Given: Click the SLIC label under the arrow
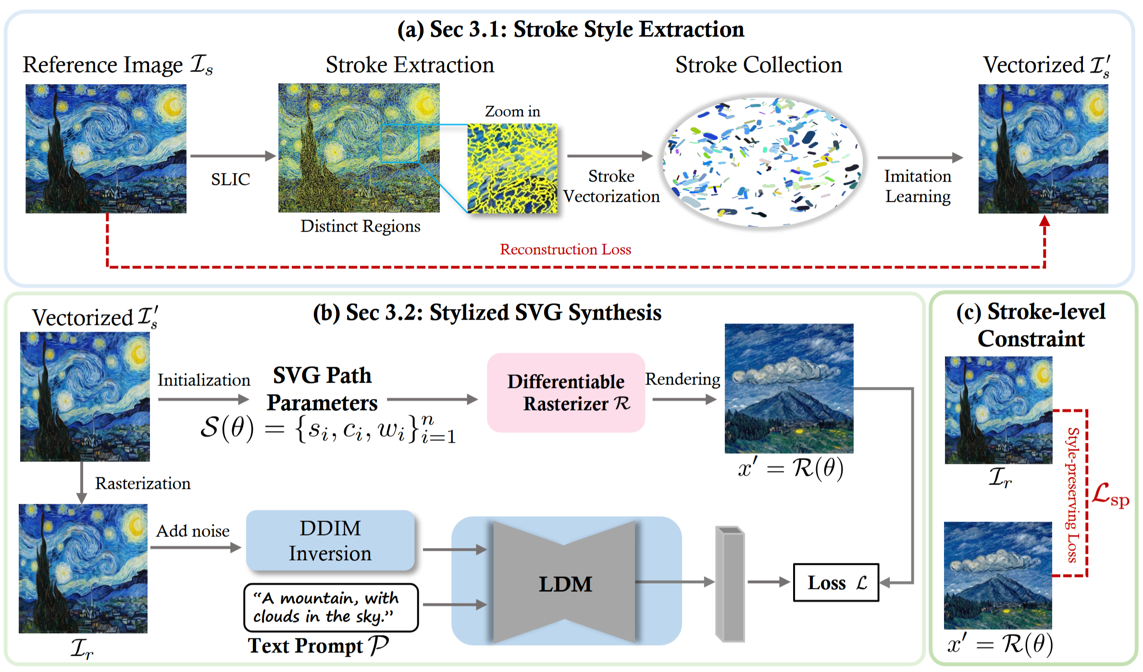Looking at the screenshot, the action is [231, 179].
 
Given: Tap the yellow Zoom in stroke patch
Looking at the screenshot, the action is [512, 169].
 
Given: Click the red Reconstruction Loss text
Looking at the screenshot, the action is [565, 249].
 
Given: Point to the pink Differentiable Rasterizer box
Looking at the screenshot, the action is [566, 393].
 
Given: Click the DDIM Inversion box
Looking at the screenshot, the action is [330, 540].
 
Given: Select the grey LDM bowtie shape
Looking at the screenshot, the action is [565, 582].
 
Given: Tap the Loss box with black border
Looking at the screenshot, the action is [836, 583].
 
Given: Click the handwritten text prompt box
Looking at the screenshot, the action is [331, 608].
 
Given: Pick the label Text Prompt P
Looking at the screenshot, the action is [318, 646].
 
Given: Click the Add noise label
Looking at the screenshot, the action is [193, 531].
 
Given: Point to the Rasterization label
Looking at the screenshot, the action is [143, 483].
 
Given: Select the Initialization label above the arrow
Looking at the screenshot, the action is [204, 380].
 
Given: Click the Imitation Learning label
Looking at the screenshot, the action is [918, 187].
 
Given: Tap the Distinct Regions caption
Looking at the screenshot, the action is [360, 226].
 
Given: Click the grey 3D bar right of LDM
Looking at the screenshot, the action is [730, 584].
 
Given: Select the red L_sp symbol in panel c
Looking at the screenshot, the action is [1110, 495].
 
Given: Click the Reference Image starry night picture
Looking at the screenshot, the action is [106, 149].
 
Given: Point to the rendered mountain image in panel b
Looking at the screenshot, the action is [789, 388].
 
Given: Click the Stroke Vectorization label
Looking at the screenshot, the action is [611, 187].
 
